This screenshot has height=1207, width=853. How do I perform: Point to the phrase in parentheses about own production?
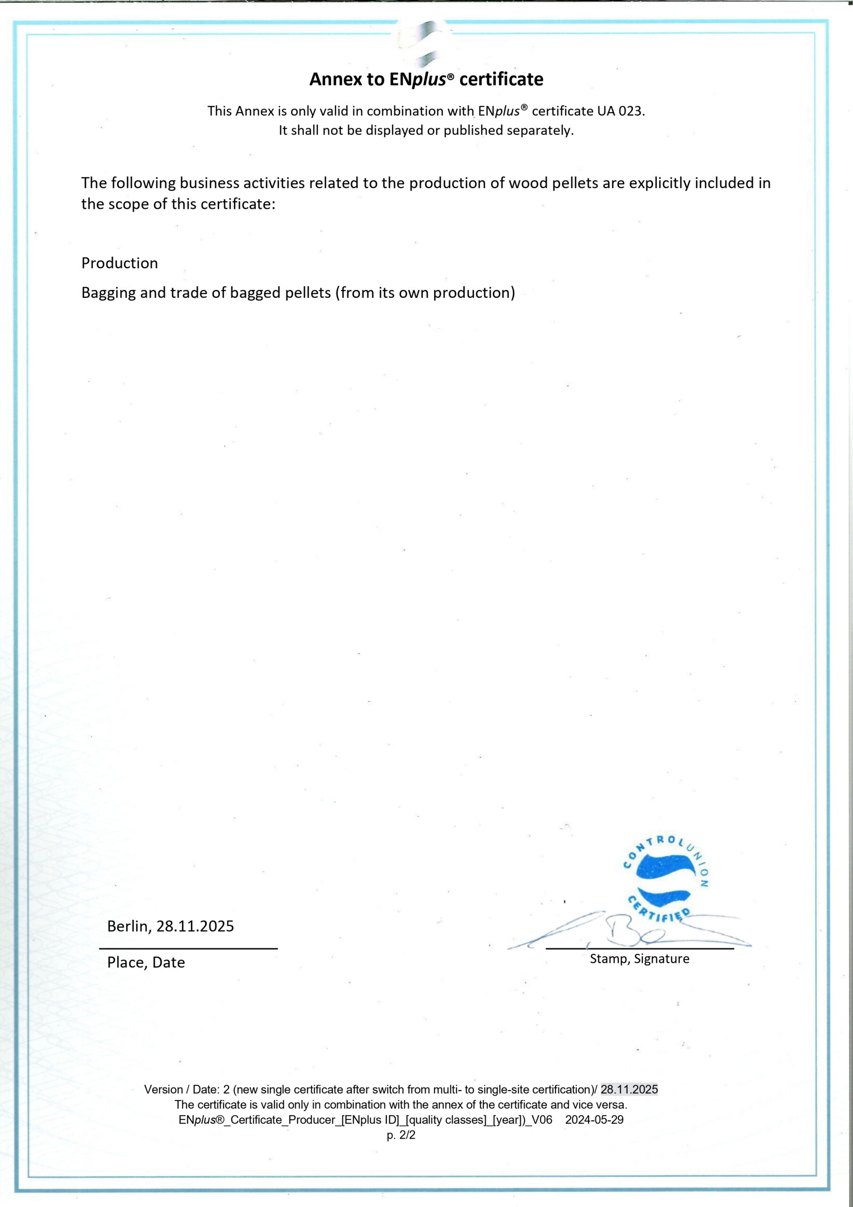[x=425, y=293]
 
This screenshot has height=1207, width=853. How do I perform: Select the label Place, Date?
[x=146, y=963]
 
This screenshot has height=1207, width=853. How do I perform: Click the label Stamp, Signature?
[x=639, y=959]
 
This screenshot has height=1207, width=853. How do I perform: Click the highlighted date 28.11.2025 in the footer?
[x=629, y=1089]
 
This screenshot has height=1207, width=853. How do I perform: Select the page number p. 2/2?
[x=401, y=1135]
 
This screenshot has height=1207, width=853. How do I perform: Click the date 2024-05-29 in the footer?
[x=594, y=1120]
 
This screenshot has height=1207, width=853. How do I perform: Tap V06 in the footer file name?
[x=542, y=1120]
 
